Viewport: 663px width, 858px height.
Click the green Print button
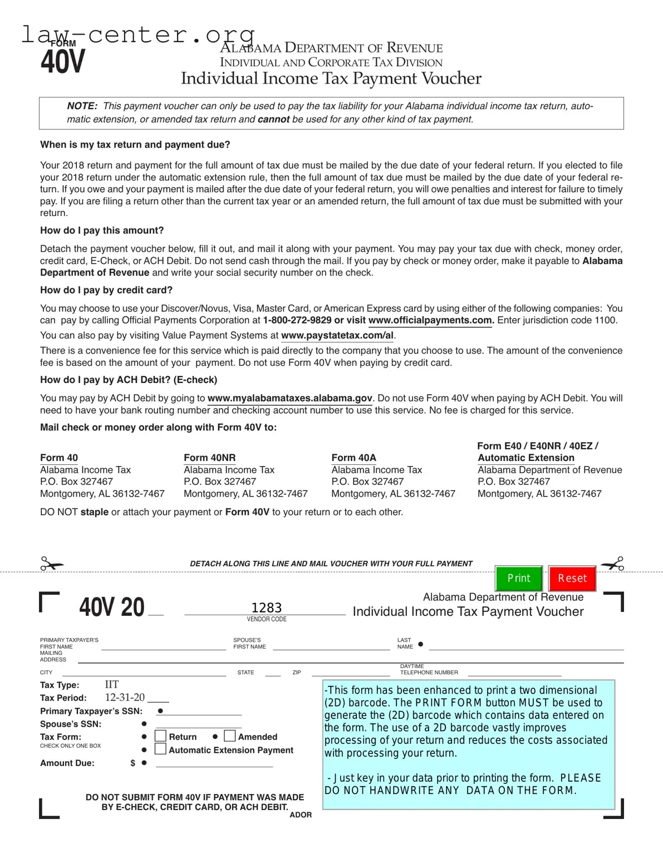pos(518,578)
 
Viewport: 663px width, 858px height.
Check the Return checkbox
pos(160,736)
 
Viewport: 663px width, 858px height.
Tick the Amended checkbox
pos(229,736)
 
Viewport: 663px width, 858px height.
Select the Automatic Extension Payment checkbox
pos(160,749)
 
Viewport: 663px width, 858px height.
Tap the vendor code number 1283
pos(266,607)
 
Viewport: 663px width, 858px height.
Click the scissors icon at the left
pos(51,564)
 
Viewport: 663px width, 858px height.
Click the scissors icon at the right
pos(612,564)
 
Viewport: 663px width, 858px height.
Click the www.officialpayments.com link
pos(430,320)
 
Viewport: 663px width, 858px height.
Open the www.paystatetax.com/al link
pos(337,335)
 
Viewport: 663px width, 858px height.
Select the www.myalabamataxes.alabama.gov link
pos(289,398)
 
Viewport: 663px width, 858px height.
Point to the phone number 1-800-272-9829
pos(297,320)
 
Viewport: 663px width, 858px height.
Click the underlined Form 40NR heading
pos(209,458)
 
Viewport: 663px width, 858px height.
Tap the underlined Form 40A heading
pos(353,458)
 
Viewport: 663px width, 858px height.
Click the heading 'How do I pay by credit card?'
pos(106,290)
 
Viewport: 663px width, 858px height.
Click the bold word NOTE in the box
pos(82,106)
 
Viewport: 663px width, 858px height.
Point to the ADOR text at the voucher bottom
pos(301,815)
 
